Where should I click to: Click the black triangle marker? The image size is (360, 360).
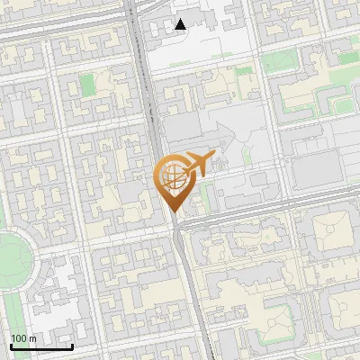tap(181, 24)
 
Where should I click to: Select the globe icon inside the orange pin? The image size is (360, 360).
tap(173, 175)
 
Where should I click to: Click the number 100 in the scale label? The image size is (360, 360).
tap(19, 338)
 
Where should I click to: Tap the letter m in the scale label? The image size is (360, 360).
tap(32, 338)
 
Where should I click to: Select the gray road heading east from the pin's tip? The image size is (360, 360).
tap(270, 216)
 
